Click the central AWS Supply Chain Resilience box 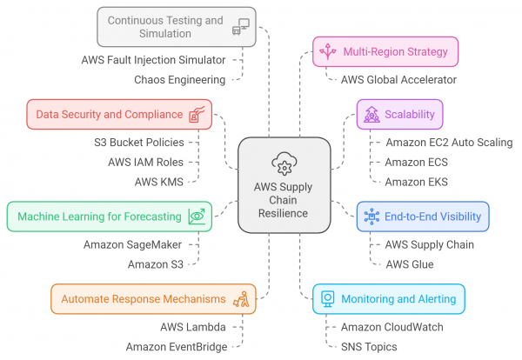(x=283, y=184)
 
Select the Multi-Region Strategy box (x=385, y=51)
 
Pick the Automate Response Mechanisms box (x=153, y=298)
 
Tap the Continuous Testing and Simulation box (x=169, y=26)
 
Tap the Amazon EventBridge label (x=176, y=346)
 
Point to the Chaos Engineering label (x=179, y=79)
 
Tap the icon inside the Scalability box (x=373, y=114)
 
